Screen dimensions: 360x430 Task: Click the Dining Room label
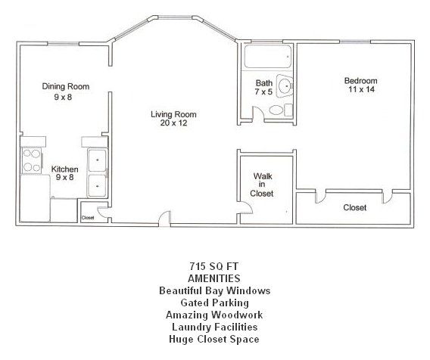66,87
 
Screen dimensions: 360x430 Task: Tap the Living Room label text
179,114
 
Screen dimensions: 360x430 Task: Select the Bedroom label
360,81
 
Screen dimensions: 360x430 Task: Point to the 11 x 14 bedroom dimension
360,90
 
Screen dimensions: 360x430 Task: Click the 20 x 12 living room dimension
179,124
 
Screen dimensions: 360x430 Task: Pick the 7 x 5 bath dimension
263,92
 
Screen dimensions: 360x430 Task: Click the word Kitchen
64,169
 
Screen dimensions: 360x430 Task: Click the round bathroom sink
285,87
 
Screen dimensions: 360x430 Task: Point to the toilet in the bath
278,110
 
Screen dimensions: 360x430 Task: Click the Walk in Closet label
262,185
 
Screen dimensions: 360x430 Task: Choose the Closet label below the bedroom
354,207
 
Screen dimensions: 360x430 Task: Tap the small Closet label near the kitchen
89,218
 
